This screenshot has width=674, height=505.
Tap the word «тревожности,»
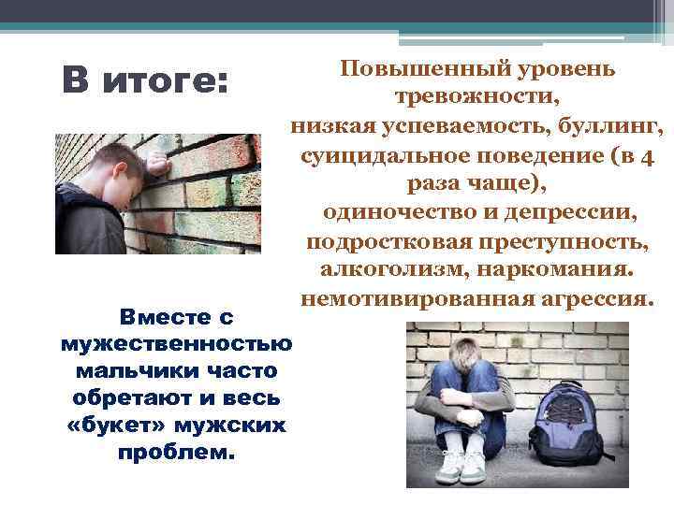[x=478, y=97]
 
